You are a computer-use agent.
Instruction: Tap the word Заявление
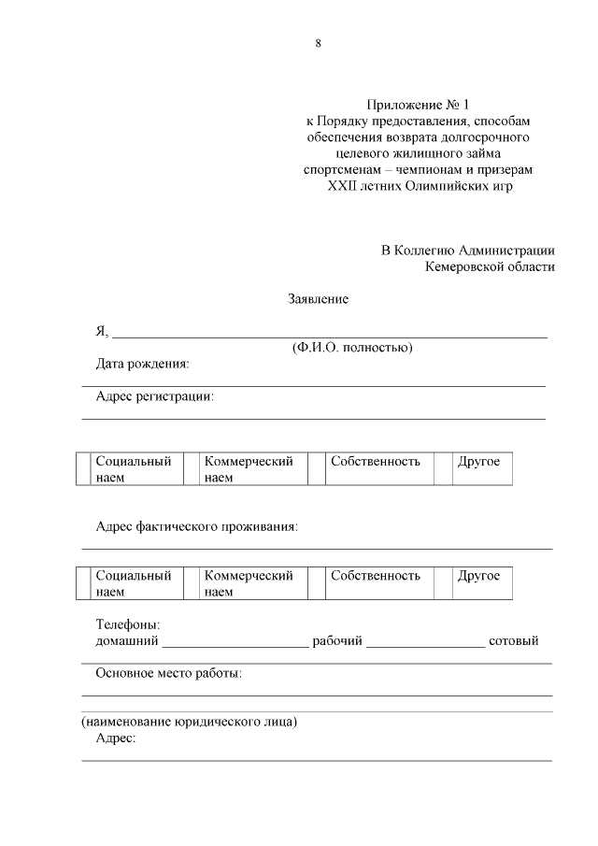coord(318,299)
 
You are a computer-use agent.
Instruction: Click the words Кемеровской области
coord(490,266)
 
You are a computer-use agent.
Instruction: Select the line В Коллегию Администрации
coord(467,250)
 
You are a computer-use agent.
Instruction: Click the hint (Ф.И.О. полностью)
coord(352,348)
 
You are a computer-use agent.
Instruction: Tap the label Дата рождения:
coord(142,364)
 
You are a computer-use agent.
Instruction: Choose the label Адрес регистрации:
coord(155,396)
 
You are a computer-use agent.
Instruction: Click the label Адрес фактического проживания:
coord(196,527)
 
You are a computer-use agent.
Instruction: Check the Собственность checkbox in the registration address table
coord(316,469)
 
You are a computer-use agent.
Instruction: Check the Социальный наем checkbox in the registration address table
coord(83,469)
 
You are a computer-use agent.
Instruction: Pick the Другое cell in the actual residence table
coord(478,576)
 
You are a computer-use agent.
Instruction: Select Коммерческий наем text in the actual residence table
coord(249,583)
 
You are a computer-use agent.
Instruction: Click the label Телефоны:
coord(128,624)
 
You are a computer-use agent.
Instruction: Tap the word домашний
coord(128,641)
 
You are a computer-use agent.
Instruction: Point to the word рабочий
coord(337,641)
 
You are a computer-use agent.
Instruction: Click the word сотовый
coord(513,641)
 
